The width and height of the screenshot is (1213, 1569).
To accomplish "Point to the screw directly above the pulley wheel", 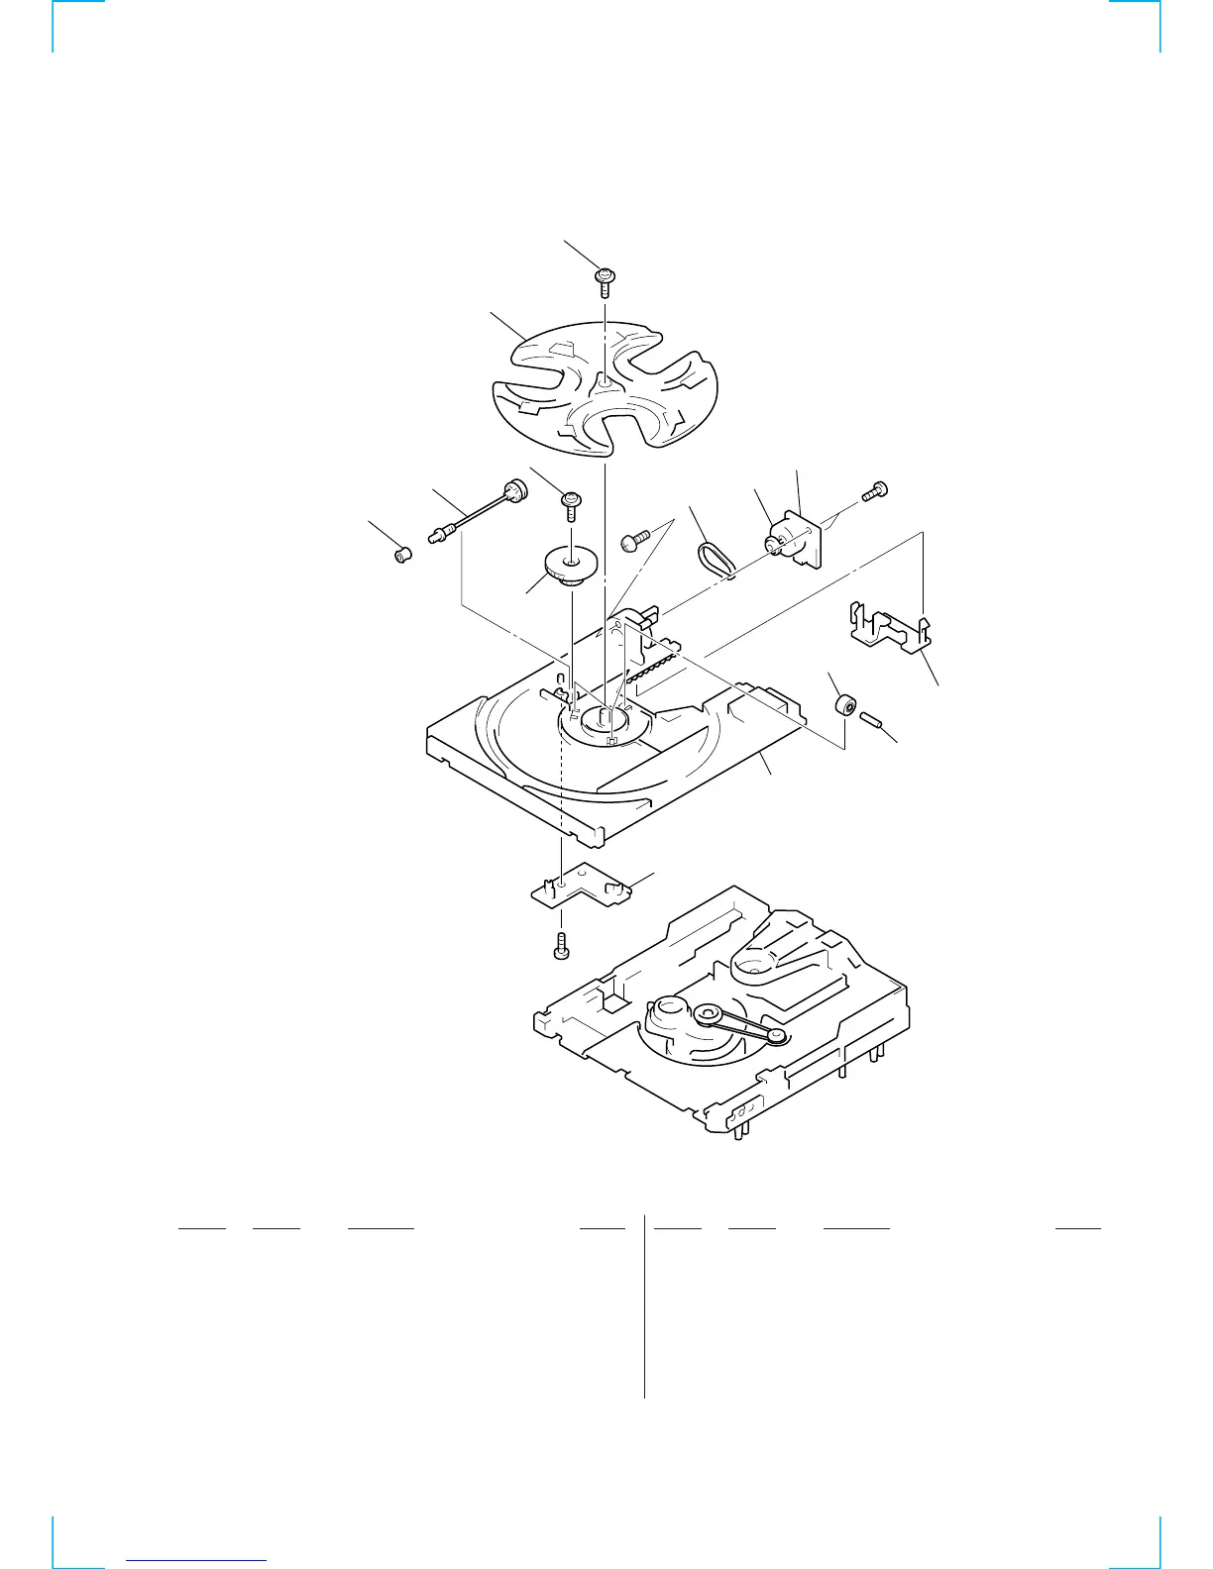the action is click(x=572, y=503).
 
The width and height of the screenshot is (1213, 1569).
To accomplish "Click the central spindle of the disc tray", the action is click(x=605, y=716).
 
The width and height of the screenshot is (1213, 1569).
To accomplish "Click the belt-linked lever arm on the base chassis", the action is click(x=742, y=1024).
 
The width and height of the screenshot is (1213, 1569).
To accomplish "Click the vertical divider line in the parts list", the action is click(x=644, y=1307).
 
